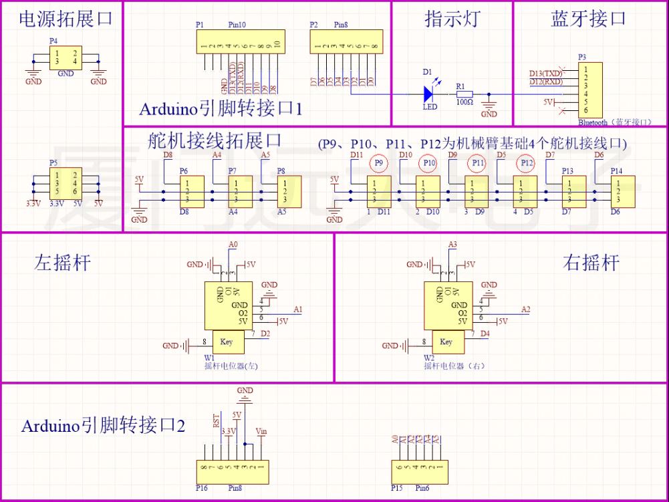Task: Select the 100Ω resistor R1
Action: point(464,94)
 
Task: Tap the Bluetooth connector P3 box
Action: point(590,90)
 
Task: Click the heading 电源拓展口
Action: point(65,19)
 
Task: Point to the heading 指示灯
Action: point(452,19)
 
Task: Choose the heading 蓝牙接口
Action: point(588,19)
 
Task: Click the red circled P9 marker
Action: point(379,162)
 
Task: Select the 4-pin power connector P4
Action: point(65,58)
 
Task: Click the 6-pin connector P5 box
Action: point(65,183)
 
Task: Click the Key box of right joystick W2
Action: point(446,342)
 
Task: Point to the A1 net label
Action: point(298,309)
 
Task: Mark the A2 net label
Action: point(525,309)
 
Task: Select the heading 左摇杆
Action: point(62,263)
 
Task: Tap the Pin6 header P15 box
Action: point(419,472)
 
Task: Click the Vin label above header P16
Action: point(261,432)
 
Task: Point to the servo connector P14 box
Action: point(622,191)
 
